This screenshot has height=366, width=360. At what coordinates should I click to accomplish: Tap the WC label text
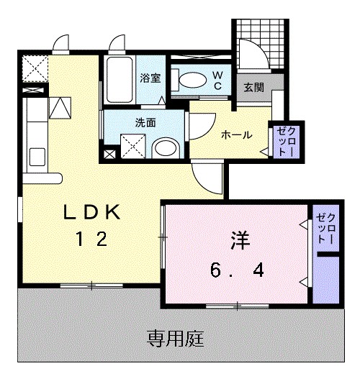click(x=217, y=79)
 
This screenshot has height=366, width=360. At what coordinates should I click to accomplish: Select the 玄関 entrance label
click(x=253, y=87)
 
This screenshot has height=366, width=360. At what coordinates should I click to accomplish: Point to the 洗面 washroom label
click(x=145, y=122)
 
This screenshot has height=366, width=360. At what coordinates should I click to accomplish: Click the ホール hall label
click(x=236, y=134)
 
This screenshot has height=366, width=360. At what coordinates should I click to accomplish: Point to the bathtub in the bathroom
click(x=120, y=81)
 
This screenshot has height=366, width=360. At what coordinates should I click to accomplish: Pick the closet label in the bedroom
click(x=326, y=229)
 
